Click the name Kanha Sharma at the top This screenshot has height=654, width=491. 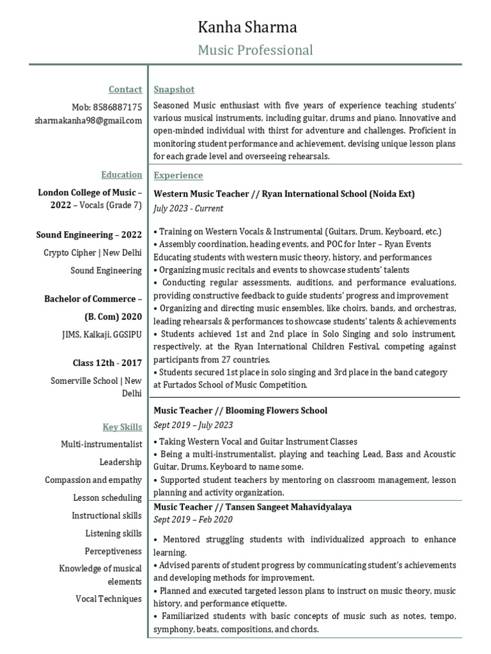click(x=247, y=27)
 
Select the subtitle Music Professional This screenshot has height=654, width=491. click(x=255, y=50)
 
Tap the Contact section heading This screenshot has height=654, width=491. click(x=125, y=90)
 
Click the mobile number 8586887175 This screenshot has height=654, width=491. click(x=107, y=107)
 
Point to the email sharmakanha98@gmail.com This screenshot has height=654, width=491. click(x=88, y=120)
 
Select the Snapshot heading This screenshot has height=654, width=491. click(x=174, y=89)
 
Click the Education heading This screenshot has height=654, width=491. click(x=121, y=174)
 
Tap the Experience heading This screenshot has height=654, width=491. click(x=178, y=175)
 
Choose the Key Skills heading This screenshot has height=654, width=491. click(x=122, y=427)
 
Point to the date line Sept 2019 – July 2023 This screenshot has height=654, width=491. click(x=193, y=425)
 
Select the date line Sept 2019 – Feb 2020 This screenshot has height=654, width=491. click(x=192, y=520)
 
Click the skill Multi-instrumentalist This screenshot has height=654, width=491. click(x=102, y=443)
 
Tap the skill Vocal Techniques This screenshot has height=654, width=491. click(x=109, y=599)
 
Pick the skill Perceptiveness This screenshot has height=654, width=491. click(x=113, y=551)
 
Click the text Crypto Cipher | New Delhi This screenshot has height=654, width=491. click(x=93, y=252)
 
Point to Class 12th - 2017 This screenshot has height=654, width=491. click(x=107, y=363)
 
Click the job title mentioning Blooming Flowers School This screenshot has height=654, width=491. click(x=240, y=410)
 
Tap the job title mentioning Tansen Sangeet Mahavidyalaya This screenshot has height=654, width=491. click(x=253, y=506)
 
